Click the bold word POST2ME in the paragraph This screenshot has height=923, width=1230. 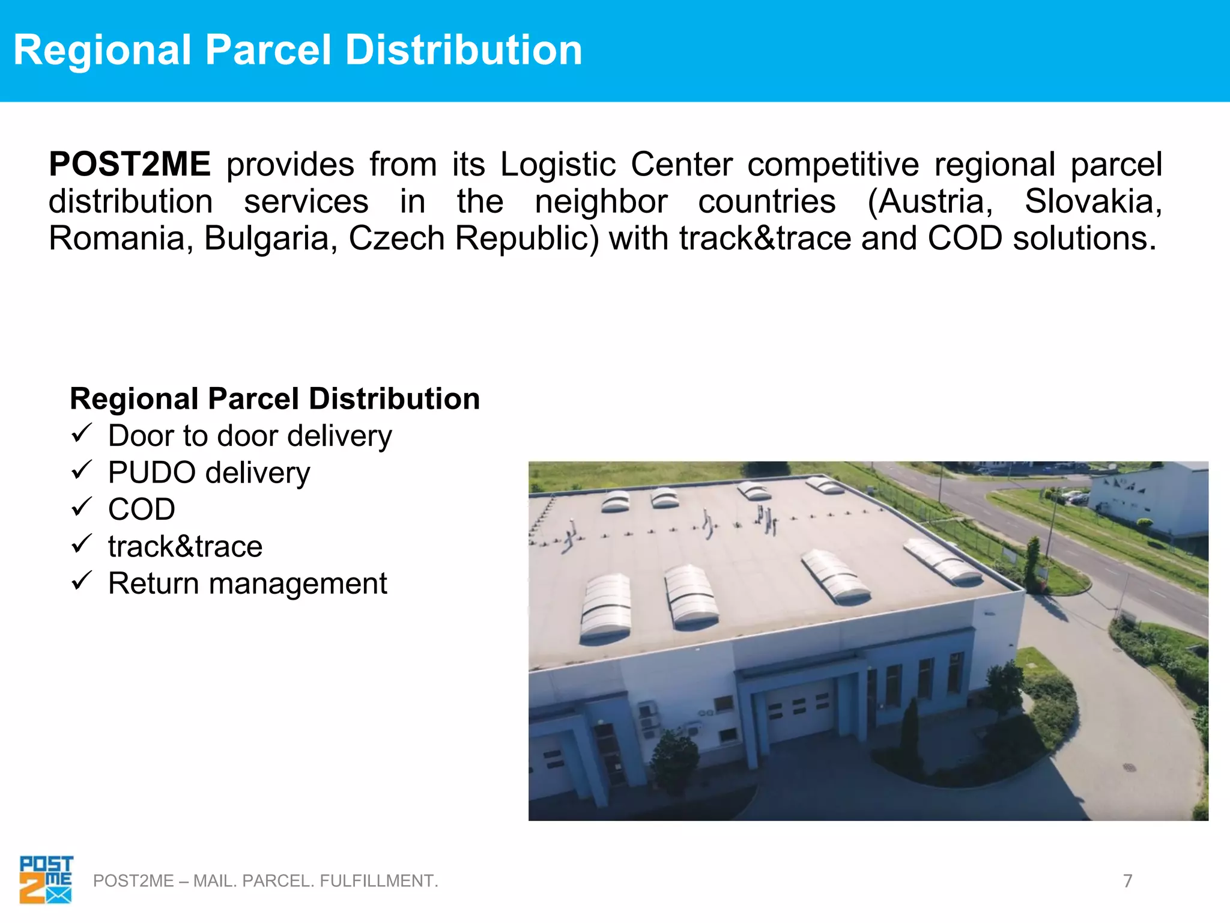[x=130, y=165]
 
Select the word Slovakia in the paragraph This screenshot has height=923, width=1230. [x=1092, y=201]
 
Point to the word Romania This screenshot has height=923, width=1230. [x=121, y=239]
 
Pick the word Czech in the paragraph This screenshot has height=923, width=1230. [x=396, y=239]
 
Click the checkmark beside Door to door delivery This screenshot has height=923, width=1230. [x=81, y=433]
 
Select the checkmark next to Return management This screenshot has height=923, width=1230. [x=81, y=581]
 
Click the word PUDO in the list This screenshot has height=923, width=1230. [x=152, y=473]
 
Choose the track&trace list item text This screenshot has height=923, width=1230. [x=185, y=547]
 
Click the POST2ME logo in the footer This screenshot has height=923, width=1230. [x=46, y=879]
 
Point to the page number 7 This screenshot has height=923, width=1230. [x=1127, y=881]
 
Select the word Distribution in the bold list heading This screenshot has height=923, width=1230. [x=394, y=398]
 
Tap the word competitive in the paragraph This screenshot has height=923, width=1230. [x=833, y=165]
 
